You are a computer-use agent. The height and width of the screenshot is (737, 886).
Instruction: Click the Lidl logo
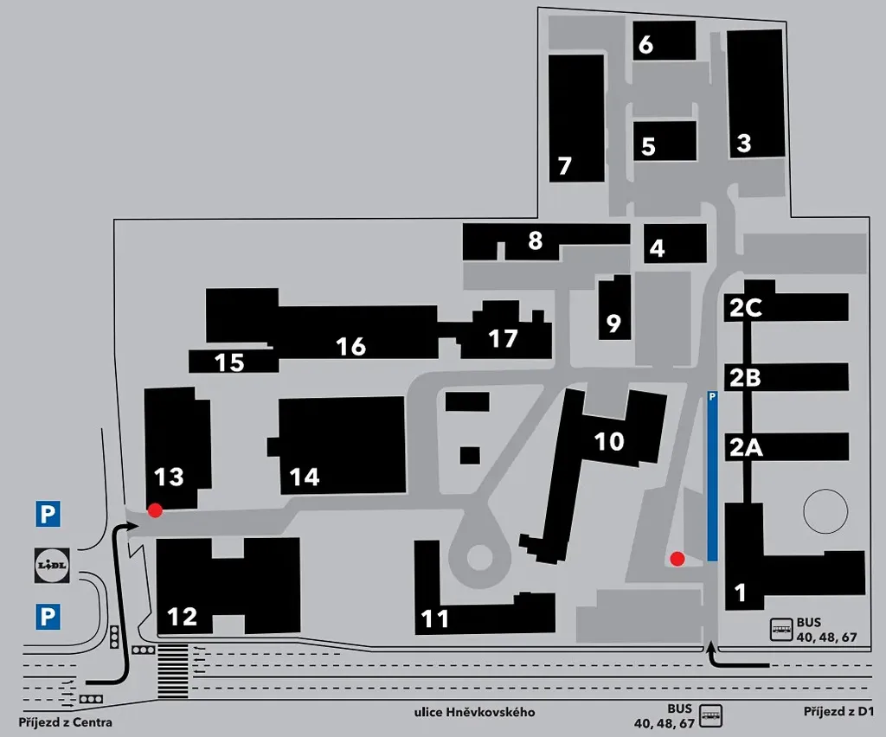pyautogui.click(x=52, y=566)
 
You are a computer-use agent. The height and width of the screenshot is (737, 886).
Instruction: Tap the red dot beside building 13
pyautogui.click(x=155, y=510)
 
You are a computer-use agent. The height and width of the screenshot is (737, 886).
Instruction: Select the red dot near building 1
pyautogui.click(x=677, y=559)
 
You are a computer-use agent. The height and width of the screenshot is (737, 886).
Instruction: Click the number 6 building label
pyautogui.click(x=645, y=45)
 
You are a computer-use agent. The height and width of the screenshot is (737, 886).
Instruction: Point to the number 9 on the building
pyautogui.click(x=613, y=323)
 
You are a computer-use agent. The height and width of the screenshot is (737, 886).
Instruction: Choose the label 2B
pyautogui.click(x=745, y=378)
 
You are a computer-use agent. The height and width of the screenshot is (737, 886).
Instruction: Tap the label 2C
pyautogui.click(x=746, y=308)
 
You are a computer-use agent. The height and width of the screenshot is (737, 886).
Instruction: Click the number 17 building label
pyautogui.click(x=503, y=339)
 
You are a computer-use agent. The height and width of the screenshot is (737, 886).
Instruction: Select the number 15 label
pyautogui.click(x=229, y=362)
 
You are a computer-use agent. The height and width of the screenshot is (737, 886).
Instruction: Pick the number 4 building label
pyautogui.click(x=657, y=248)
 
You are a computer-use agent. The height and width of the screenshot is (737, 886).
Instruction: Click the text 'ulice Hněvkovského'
pyautogui.click(x=475, y=712)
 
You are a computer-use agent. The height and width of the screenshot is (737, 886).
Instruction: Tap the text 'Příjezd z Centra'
pyautogui.click(x=65, y=722)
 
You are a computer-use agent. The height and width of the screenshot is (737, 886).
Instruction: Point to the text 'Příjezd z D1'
pyautogui.click(x=838, y=712)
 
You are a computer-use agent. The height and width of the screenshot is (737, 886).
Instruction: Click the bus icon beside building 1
pyautogui.click(x=782, y=629)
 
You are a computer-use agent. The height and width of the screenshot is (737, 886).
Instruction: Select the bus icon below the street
pyautogui.click(x=710, y=715)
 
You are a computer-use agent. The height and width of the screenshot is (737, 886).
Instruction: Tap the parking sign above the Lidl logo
pyautogui.click(x=48, y=514)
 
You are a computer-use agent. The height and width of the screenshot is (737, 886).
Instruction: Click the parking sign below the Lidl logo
pyautogui.click(x=48, y=616)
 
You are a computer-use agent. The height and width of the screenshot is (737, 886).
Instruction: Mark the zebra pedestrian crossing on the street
pyautogui.click(x=172, y=670)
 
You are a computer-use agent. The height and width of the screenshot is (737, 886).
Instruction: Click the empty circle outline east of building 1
pyautogui.click(x=825, y=511)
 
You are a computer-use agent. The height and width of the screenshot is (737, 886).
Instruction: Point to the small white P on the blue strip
pyautogui.click(x=712, y=397)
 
